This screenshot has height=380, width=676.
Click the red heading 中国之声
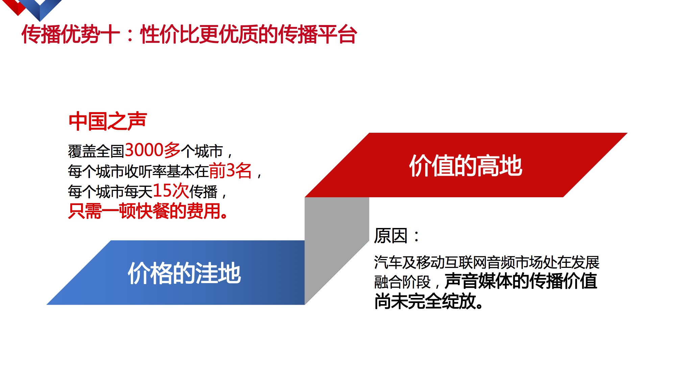pyautogui.click(x=107, y=121)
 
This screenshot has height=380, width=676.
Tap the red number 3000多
pyautogui.click(x=153, y=150)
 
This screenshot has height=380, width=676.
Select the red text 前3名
pyautogui.click(x=230, y=171)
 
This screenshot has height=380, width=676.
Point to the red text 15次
pyautogui.click(x=171, y=191)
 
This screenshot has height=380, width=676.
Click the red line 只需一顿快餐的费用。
pyautogui.click(x=148, y=211)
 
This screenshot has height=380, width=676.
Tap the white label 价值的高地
pyautogui.click(x=466, y=166)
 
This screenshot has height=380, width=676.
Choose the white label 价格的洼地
pyautogui.click(x=184, y=273)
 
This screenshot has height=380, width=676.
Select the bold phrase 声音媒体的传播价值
pyautogui.click(x=521, y=281)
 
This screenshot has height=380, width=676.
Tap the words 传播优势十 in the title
pyautogui.click(x=71, y=34)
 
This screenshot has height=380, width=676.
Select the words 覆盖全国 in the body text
pyautogui.click(x=96, y=151)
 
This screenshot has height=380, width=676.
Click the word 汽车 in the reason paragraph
pyautogui.click(x=388, y=262)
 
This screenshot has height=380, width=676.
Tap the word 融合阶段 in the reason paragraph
pyautogui.click(x=402, y=282)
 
